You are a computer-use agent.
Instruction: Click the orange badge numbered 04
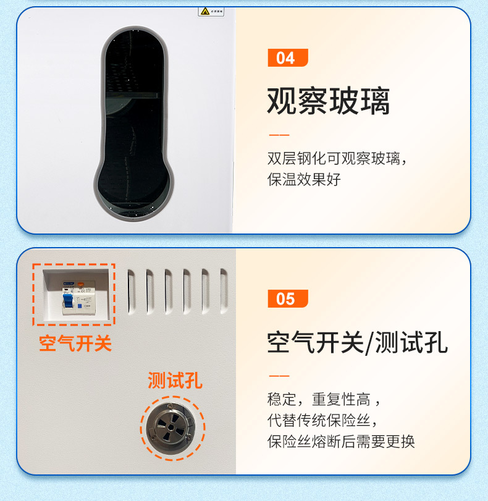click(x=287, y=58)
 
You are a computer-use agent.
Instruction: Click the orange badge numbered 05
click(x=287, y=299)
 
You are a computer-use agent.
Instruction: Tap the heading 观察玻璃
click(x=328, y=101)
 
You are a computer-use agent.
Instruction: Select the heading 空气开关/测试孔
click(x=357, y=342)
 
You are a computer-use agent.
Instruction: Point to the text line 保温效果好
click(x=303, y=180)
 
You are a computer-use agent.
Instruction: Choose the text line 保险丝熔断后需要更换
click(x=340, y=442)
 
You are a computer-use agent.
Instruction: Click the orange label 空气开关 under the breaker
click(x=75, y=343)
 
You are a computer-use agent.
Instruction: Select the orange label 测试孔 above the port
click(x=174, y=381)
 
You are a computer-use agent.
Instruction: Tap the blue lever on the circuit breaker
click(x=67, y=299)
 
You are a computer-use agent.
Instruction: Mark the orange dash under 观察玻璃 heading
click(x=279, y=135)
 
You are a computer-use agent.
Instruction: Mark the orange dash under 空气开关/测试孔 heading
click(x=279, y=376)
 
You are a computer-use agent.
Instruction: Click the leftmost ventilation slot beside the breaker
click(x=131, y=290)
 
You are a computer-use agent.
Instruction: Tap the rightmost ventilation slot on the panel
click(x=224, y=290)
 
